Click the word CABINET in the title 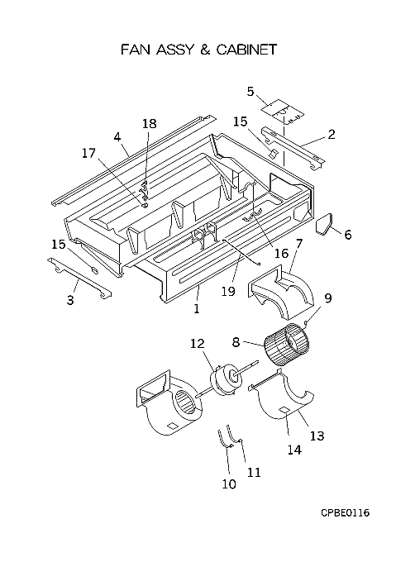point(247,50)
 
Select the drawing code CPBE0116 point(345,512)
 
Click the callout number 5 point(250,92)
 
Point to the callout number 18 point(150,123)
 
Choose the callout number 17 point(88,154)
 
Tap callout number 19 point(228,291)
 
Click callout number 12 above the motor point(198,344)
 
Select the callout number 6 point(347,235)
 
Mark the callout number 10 point(229,484)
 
